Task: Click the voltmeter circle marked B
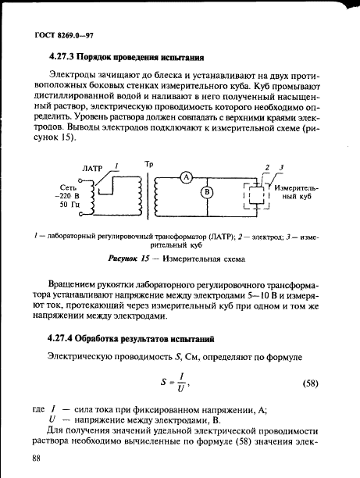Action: pyautogui.click(x=207, y=192)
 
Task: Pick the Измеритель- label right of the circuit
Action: pyautogui.click(x=297, y=188)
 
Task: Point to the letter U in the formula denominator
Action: pyautogui.click(x=180, y=389)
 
